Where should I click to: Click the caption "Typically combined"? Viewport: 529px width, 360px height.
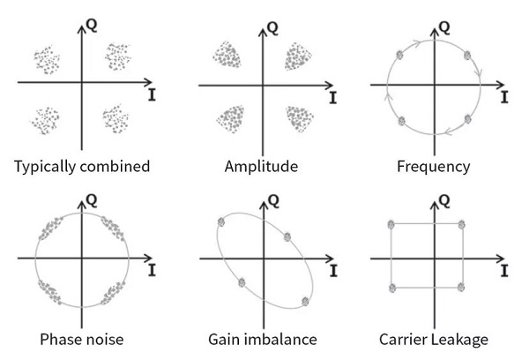(82, 166)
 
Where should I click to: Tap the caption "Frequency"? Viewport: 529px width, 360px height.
(434, 166)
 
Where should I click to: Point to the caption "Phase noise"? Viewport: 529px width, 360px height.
(82, 340)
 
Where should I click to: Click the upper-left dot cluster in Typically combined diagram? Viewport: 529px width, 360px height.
(47, 60)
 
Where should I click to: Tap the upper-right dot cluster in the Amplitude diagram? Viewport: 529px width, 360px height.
(298, 58)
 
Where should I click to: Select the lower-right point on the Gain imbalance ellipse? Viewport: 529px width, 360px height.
(305, 300)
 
